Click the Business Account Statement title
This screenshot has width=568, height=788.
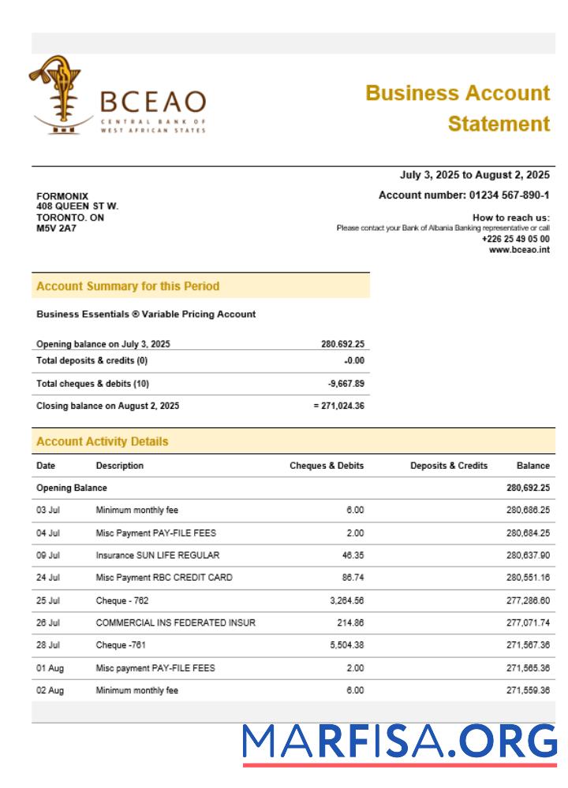[x=458, y=108]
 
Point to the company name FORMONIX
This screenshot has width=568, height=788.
[x=62, y=196]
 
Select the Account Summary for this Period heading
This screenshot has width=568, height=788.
[x=128, y=286]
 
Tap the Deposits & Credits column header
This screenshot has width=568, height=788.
[x=448, y=466]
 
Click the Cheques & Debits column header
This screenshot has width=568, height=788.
[x=327, y=466]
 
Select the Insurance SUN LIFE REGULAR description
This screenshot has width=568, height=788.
[x=158, y=556]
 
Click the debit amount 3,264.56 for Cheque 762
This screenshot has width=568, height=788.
[x=346, y=600]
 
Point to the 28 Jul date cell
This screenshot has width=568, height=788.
[x=48, y=645]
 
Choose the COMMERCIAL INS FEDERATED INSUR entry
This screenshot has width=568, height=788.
[x=175, y=623]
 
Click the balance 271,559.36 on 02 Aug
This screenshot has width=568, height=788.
[x=527, y=691]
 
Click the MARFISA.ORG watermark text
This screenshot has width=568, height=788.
[x=399, y=742]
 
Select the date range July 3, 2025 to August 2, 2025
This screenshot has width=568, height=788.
[x=475, y=175]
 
